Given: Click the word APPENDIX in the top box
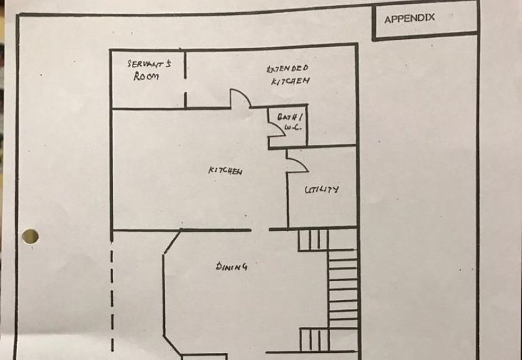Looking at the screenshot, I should (x=409, y=19).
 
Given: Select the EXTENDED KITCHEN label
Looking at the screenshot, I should (x=288, y=74).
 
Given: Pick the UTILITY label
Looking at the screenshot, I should (x=322, y=190).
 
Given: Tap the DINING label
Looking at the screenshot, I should (x=232, y=266).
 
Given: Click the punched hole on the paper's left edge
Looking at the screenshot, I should (x=29, y=236).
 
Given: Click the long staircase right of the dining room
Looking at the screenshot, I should (x=343, y=280).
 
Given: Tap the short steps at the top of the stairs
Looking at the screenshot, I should (x=313, y=239).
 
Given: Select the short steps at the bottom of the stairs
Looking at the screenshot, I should (x=314, y=339).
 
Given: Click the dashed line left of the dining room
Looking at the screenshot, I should (x=112, y=293).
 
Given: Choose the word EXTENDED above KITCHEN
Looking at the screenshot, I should (x=288, y=68).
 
